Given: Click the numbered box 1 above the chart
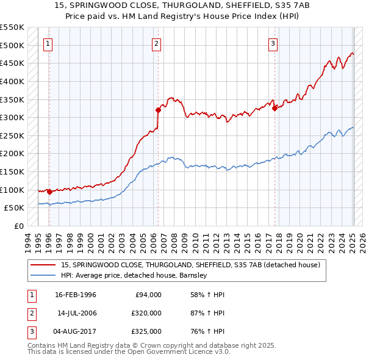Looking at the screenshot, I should tap(48, 43).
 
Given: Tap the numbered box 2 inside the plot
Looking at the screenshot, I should tap(157, 43).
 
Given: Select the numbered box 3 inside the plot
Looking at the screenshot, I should tap(273, 43).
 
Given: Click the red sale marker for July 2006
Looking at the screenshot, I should tap(158, 110).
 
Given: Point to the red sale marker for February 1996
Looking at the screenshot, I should tap(49, 192).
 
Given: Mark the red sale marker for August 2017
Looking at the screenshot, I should tap(275, 109).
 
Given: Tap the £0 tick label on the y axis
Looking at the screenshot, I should tap(18, 226).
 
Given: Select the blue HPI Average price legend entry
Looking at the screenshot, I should tap(134, 275).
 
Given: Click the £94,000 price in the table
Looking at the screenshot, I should tap(148, 295).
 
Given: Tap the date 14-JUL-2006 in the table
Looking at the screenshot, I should tap(78, 312).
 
